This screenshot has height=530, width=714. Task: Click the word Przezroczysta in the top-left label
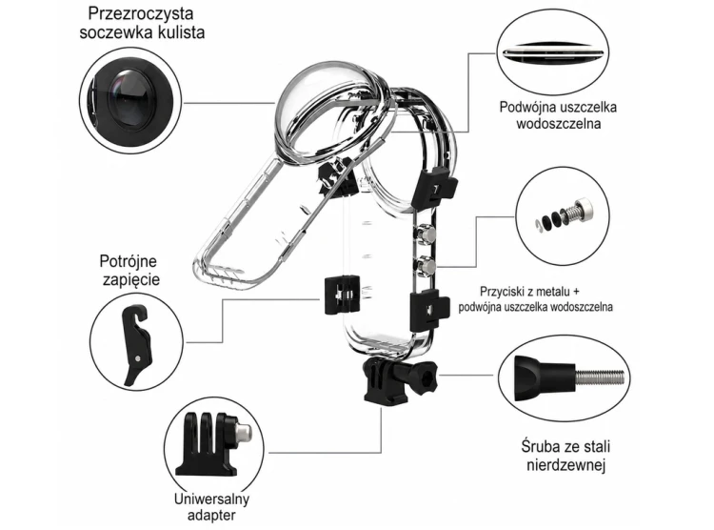pyautogui.click(x=141, y=14)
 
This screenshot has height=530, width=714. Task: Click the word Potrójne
pyautogui.click(x=128, y=261)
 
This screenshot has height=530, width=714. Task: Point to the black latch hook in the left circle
pyautogui.click(x=136, y=345)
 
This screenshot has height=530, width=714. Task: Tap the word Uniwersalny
pyautogui.click(x=211, y=499)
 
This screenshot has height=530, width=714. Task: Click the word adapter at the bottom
pyautogui.click(x=211, y=516)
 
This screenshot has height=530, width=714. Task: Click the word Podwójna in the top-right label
pyautogui.click(x=528, y=108)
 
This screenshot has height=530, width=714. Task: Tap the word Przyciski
pyautogui.click(x=500, y=292)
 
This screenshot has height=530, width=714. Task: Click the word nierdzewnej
pyautogui.click(x=566, y=465)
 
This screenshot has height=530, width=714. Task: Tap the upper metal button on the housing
pyautogui.click(x=427, y=234)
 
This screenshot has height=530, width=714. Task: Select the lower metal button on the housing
pyautogui.click(x=427, y=265)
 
